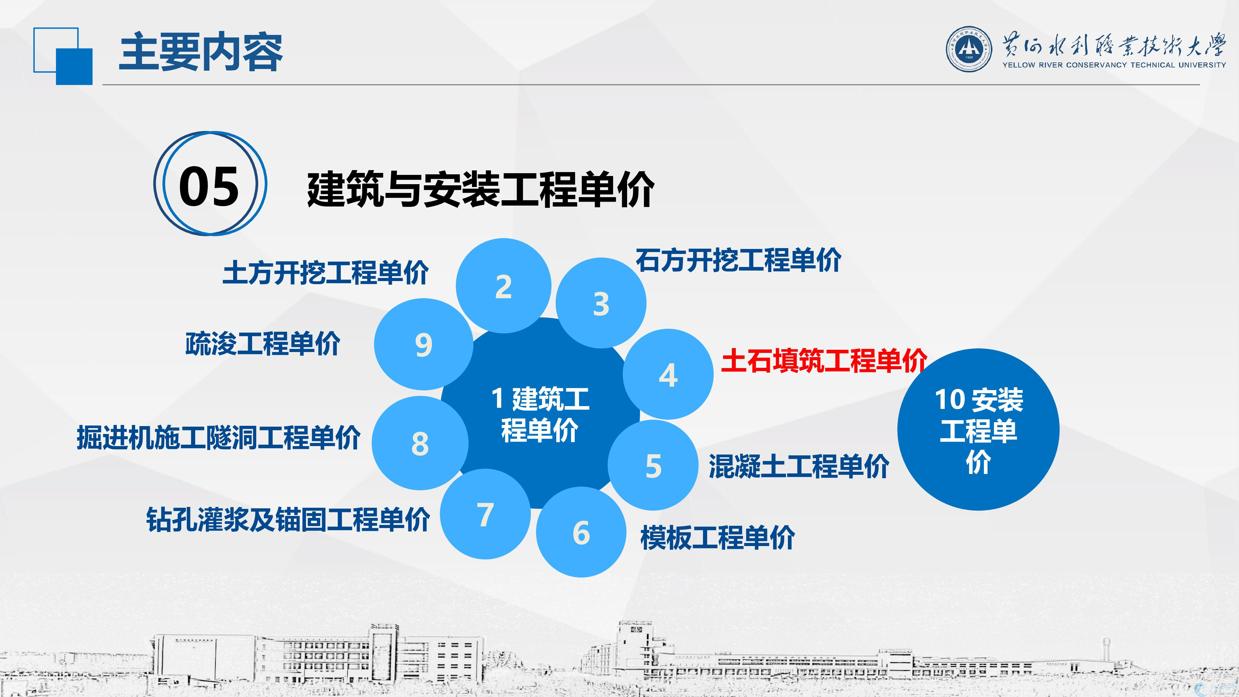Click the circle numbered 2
(503, 286)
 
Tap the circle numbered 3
(601, 303)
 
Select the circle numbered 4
(668, 374)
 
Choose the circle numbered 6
(581, 532)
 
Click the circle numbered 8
(420, 443)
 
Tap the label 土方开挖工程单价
(326, 273)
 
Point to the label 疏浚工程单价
(263, 344)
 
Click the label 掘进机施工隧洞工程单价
(218, 437)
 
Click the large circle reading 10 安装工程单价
(978, 429)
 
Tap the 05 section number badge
(210, 184)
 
